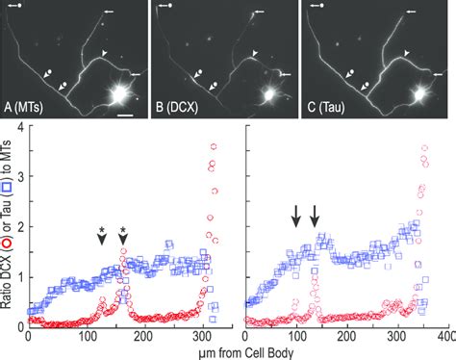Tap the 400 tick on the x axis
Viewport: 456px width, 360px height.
click(445, 338)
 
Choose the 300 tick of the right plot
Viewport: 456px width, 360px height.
click(396, 338)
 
